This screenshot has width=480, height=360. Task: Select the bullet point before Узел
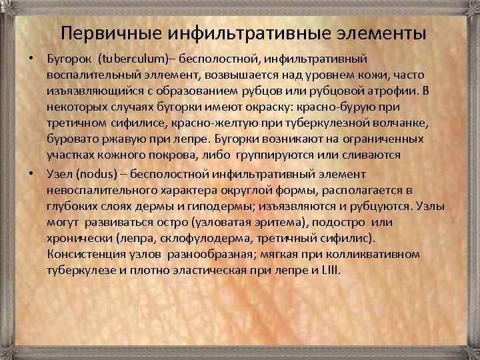(32, 173)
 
